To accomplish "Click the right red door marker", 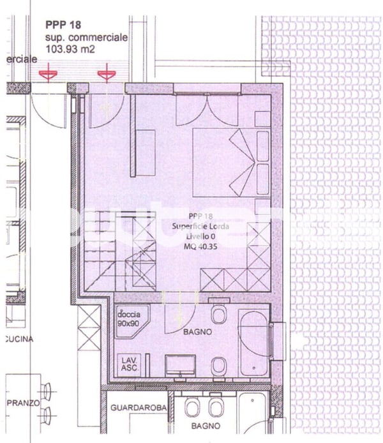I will point(106,75).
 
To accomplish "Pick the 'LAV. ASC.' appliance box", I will point(130,364).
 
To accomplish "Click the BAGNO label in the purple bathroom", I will point(197,333).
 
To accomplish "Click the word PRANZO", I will point(24,403).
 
